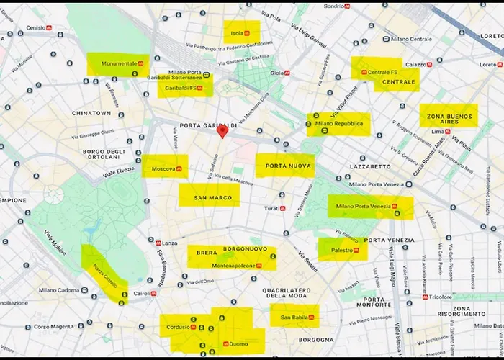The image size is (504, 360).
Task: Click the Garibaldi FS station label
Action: click(184, 89)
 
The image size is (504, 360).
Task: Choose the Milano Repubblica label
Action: click(338, 124)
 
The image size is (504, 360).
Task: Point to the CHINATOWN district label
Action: click(91, 113)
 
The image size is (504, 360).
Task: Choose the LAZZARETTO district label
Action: click(370, 166)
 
